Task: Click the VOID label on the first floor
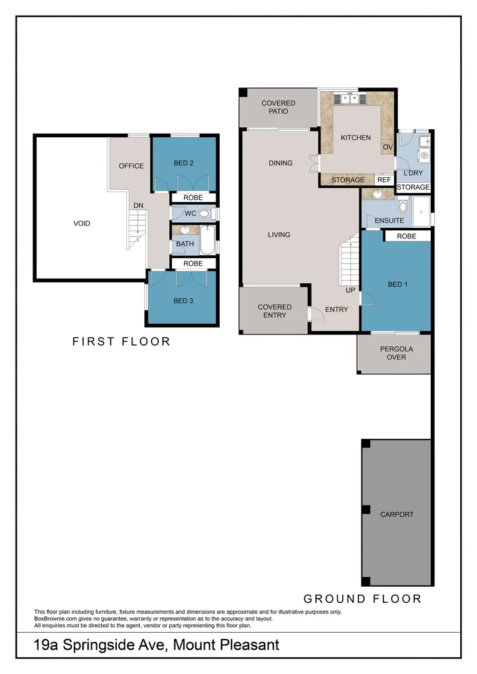click(81, 223)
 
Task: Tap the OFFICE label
click(131, 166)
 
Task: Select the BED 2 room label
click(184, 164)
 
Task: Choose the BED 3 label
click(183, 301)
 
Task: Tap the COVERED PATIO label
click(278, 107)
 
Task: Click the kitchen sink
click(348, 98)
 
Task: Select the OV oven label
click(387, 147)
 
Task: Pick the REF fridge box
click(383, 180)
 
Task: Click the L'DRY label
click(413, 173)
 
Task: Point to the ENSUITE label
click(389, 221)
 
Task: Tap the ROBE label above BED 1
click(406, 237)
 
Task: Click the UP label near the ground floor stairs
click(350, 291)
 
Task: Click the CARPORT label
click(396, 515)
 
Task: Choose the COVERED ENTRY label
click(275, 311)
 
